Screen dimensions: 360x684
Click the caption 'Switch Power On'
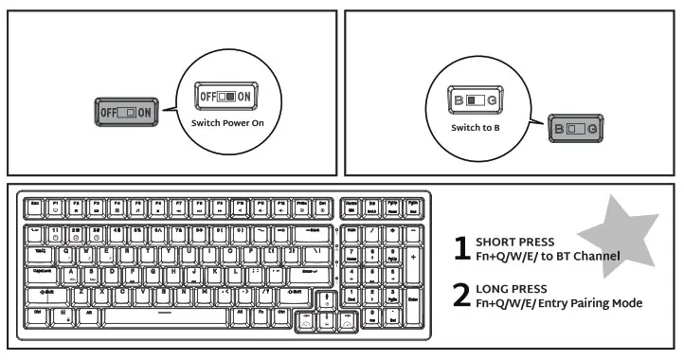[x=227, y=122]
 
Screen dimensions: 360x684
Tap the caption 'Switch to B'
[x=476, y=127]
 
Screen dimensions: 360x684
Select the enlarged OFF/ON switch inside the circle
[x=225, y=97]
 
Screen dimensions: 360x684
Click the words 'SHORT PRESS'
[x=515, y=242]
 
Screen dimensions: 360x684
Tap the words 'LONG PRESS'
[x=513, y=288]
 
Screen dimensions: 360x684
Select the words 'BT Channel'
[x=587, y=256]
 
